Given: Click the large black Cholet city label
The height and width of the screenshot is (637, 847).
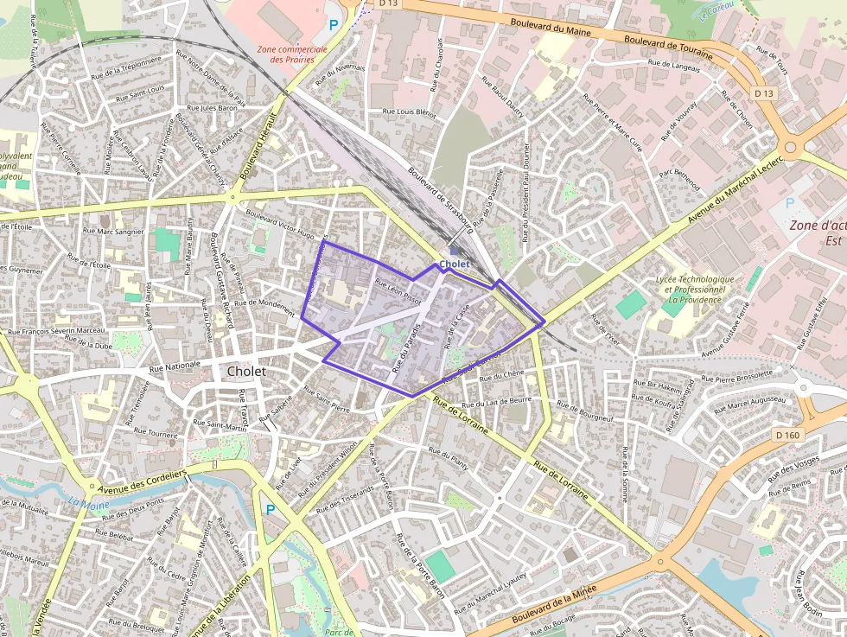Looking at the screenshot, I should [x=246, y=371].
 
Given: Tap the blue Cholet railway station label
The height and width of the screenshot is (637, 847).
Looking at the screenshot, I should [x=454, y=264].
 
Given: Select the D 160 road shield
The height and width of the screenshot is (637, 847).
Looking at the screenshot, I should [x=787, y=435].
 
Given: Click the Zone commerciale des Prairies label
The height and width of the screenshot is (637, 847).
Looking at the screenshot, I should [x=292, y=54].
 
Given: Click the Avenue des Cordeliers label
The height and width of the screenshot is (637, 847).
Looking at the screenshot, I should [x=143, y=481].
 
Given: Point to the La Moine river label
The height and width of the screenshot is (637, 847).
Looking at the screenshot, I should [x=83, y=501].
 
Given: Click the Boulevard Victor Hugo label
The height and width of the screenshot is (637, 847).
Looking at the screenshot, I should [x=279, y=223].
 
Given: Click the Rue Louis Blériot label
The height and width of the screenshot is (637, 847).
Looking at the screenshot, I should [x=410, y=112].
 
